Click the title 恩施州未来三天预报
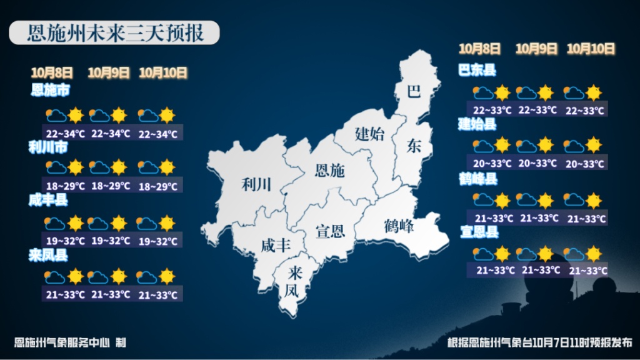coord(116,33)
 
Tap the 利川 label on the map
coord(257,184)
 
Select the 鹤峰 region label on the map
coord(399,226)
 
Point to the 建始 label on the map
coord(370,133)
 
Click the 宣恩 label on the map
coord(330,232)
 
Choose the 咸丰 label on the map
coord(276,246)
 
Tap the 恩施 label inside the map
coord(329,170)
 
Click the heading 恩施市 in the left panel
coord(50,91)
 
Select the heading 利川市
coord(47,147)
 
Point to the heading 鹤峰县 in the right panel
coord(477,180)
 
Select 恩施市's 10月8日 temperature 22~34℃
coord(65,133)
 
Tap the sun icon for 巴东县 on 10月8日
coord(502,93)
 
